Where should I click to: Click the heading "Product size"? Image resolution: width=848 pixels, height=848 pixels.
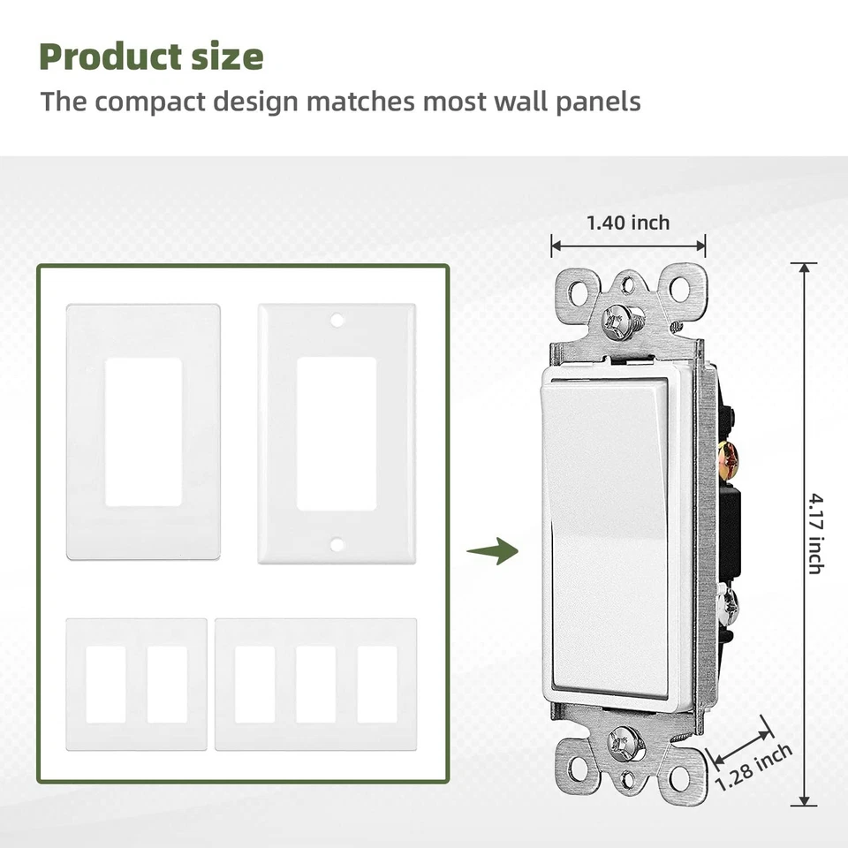click(x=151, y=57)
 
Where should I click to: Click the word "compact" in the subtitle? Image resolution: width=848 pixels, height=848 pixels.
click(x=150, y=101)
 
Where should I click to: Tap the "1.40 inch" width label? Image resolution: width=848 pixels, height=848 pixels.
click(x=628, y=223)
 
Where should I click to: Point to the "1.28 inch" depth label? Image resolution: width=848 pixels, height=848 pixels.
click(x=753, y=767)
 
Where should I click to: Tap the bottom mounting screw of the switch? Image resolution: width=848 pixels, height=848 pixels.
click(x=626, y=743)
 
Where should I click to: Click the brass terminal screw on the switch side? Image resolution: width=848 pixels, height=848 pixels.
click(x=729, y=457)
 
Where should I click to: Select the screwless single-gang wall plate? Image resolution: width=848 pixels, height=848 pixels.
click(x=143, y=432)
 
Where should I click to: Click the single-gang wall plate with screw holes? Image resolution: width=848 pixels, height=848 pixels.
click(x=336, y=434)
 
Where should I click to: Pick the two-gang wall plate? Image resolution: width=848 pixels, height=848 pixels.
click(x=136, y=685)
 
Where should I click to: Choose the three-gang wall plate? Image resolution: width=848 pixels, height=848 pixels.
click(x=315, y=685)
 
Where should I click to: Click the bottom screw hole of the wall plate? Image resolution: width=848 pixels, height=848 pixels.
click(x=337, y=544)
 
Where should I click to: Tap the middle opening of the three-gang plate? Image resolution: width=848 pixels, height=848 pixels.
click(x=315, y=685)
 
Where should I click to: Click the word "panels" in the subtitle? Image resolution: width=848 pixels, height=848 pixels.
click(x=598, y=101)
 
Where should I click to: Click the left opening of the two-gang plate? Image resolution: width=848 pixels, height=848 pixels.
click(x=106, y=685)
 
